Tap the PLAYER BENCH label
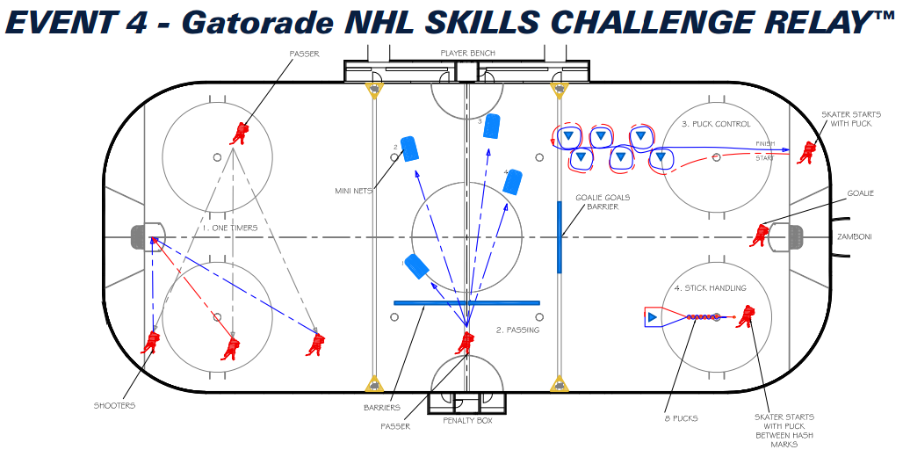pyautogui.click(x=467, y=54)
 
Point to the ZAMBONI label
pyautogui.click(x=854, y=236)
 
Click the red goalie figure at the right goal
pyautogui.click(x=760, y=235)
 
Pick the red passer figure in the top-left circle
pyautogui.click(x=240, y=133)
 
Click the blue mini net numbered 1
pyautogui.click(x=415, y=265)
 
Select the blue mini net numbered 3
pyautogui.click(x=492, y=127)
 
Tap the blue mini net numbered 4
pyautogui.click(x=514, y=182)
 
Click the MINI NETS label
pyautogui.click(x=355, y=190)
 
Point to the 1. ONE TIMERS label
pyautogui.click(x=230, y=228)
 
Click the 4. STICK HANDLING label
pyautogui.click(x=710, y=287)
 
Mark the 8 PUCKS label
pyautogui.click(x=682, y=418)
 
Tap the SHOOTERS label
pyautogui.click(x=114, y=405)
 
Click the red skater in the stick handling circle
pyautogui.click(x=746, y=316)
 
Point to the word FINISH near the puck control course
pyautogui.click(x=765, y=144)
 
